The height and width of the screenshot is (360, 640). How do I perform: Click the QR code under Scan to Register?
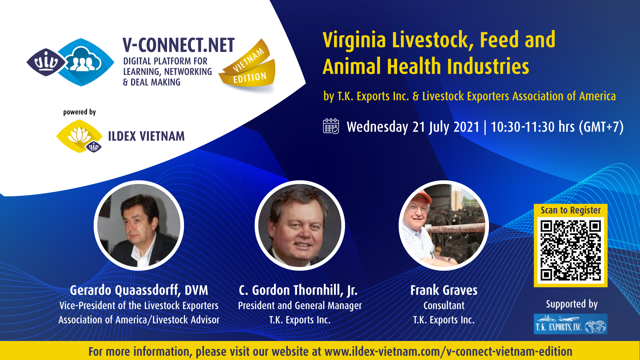click(570, 251)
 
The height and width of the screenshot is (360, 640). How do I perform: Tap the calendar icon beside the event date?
click(331, 127)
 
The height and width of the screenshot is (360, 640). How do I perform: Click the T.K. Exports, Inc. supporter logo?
click(570, 324)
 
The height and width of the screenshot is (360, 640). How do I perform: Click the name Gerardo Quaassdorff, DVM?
click(139, 290)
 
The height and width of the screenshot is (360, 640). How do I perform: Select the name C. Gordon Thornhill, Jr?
click(298, 290)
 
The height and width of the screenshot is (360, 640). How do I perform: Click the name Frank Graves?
click(444, 290)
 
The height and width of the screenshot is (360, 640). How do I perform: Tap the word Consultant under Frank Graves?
click(444, 305)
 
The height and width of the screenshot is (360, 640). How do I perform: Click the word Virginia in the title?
click(354, 41)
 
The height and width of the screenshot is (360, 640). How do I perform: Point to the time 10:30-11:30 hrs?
click(533, 127)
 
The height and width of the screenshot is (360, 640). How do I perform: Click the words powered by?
click(80, 112)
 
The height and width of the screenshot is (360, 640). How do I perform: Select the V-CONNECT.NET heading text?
click(179, 45)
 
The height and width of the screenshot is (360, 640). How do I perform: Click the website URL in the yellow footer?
click(448, 352)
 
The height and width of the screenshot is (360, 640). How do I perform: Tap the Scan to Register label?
click(571, 210)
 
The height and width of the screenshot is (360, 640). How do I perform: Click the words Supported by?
click(572, 304)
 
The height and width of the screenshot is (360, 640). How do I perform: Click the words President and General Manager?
click(300, 306)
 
